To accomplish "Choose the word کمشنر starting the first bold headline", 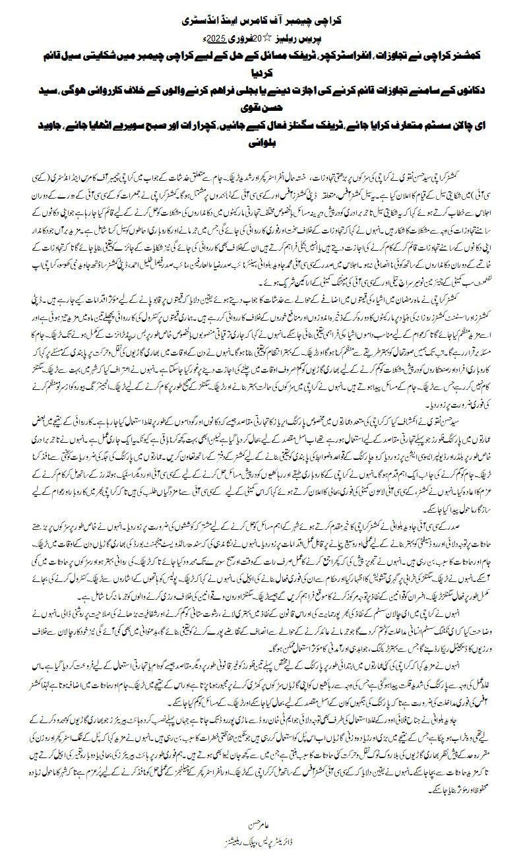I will click(x=479, y=56).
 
